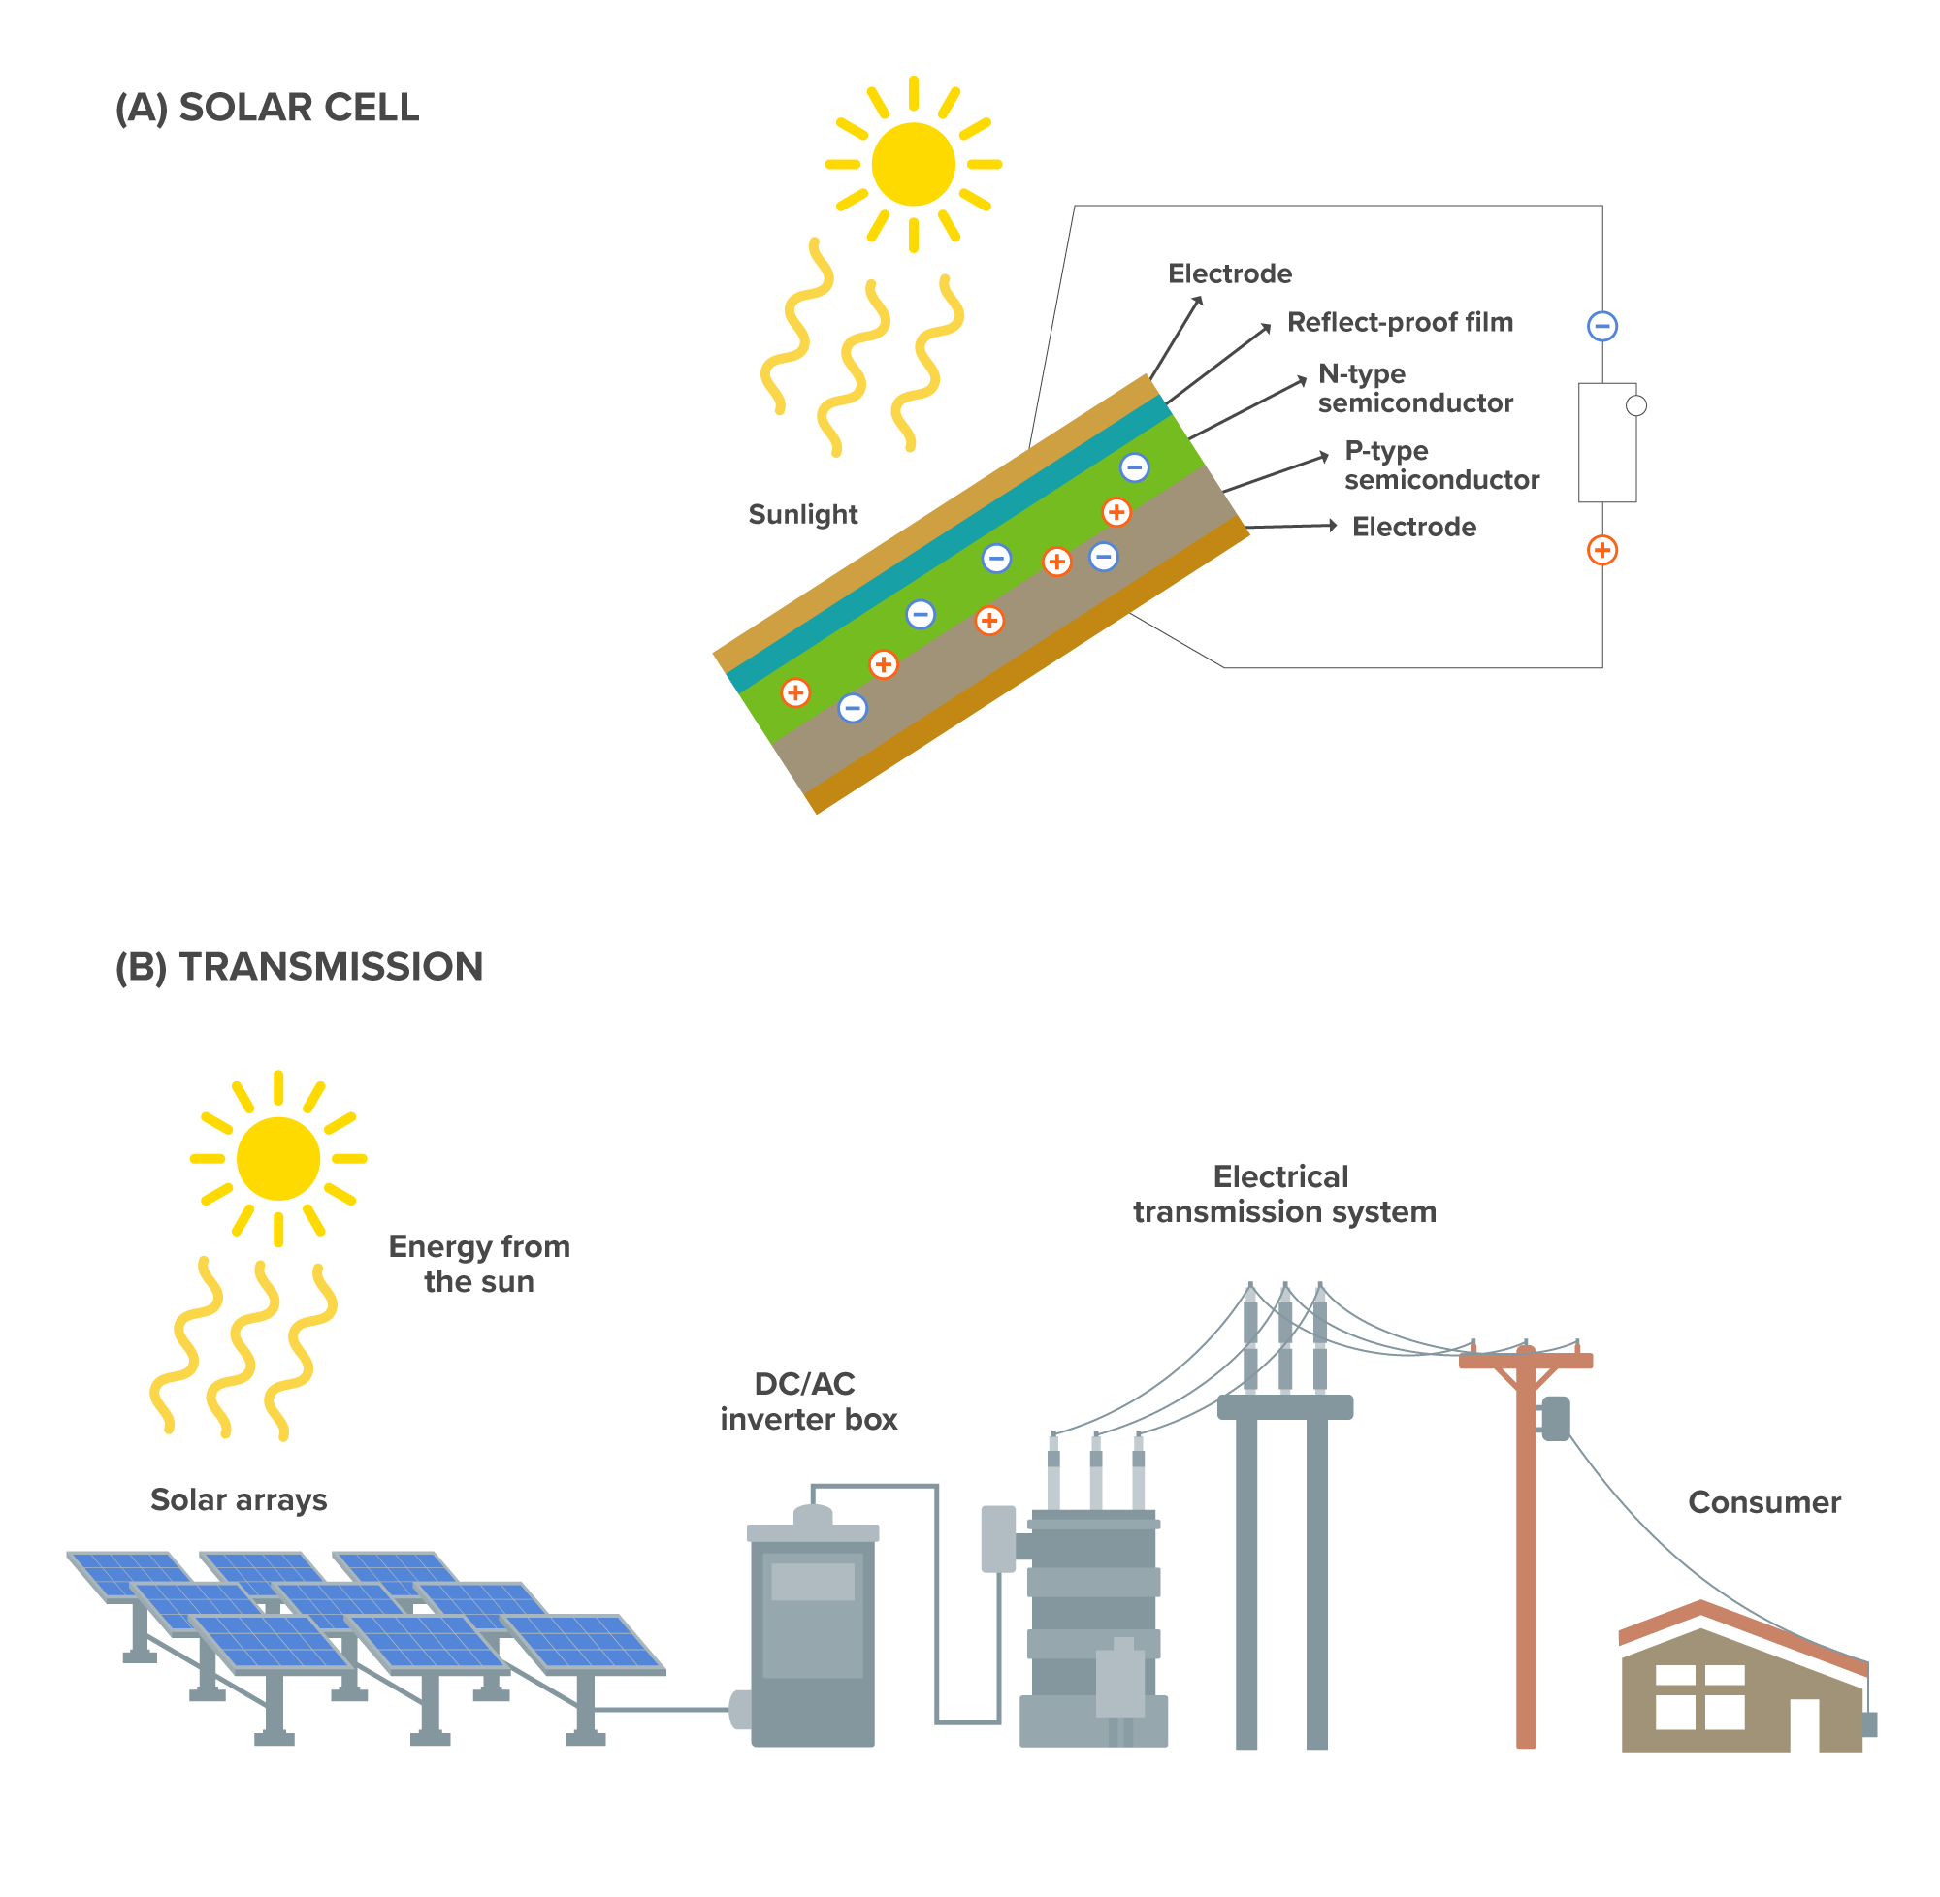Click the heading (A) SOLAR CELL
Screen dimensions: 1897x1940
[x=267, y=108]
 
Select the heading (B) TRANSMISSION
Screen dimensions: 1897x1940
[x=299, y=966]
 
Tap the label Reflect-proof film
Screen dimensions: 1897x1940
[x=1399, y=322]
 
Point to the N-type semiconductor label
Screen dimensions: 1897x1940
[x=1414, y=388]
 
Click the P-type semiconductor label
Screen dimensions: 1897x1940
[x=1440, y=465]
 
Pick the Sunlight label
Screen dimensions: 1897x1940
[x=802, y=514]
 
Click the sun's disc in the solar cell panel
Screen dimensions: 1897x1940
[x=913, y=165]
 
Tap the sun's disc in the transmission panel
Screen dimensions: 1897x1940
[x=278, y=1158]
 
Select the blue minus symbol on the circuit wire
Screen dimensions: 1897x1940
[x=1601, y=326]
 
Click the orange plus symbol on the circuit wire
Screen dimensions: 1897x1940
[x=1601, y=550]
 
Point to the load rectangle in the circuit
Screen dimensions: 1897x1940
[x=1605, y=442]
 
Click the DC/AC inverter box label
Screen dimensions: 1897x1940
[x=808, y=1400]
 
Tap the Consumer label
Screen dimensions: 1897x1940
[x=1762, y=1501]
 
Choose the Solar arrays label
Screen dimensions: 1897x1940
[x=239, y=1498]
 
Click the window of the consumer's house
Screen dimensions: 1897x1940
[x=1698, y=1698]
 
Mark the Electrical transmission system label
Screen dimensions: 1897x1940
[x=1283, y=1194]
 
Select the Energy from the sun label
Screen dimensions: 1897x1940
[x=478, y=1264]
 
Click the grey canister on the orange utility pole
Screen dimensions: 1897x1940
[x=1554, y=1418]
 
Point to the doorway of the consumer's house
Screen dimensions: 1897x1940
[x=1802, y=1724]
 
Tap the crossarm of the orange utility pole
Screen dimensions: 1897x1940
[x=1525, y=1360]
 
